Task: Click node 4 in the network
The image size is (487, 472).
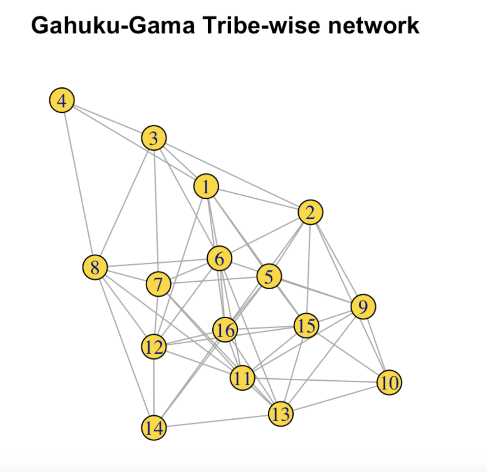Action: pyautogui.click(x=62, y=100)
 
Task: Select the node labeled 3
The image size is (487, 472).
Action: pyautogui.click(x=154, y=138)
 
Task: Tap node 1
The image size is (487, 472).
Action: pyautogui.click(x=206, y=187)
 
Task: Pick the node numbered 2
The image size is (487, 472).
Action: pyautogui.click(x=310, y=212)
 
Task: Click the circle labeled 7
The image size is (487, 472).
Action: pyautogui.click(x=158, y=284)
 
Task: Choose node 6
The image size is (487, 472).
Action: pyautogui.click(x=220, y=258)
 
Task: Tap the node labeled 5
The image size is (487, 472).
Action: pyautogui.click(x=269, y=276)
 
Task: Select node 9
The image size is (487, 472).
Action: pyautogui.click(x=363, y=306)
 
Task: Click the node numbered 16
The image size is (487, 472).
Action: pyautogui.click(x=225, y=330)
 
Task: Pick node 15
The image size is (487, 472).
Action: pyautogui.click(x=306, y=325)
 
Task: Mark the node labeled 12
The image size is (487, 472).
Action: pyautogui.click(x=154, y=347)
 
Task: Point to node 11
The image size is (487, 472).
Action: pyautogui.click(x=242, y=378)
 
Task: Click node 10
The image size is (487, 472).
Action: pyautogui.click(x=389, y=382)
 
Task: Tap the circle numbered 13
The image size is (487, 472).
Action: pyautogui.click(x=281, y=414)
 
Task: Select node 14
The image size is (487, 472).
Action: pyautogui.click(x=154, y=427)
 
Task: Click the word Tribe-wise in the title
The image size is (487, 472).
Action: pyautogui.click(x=261, y=26)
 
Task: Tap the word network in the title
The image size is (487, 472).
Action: pyautogui.click(x=374, y=26)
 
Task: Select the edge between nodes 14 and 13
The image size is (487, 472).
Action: pyautogui.click(x=217, y=421)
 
